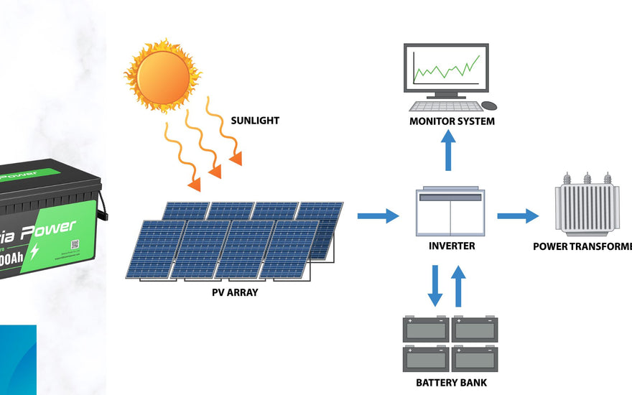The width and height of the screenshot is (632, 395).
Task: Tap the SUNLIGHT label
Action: point(255,121)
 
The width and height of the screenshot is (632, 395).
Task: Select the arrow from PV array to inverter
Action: point(377,215)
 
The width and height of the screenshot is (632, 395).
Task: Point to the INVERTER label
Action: point(451,246)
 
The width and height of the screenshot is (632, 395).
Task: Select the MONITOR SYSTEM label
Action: point(452,121)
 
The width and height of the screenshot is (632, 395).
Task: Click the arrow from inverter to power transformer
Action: point(517,215)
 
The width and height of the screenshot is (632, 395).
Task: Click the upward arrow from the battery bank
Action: point(460,285)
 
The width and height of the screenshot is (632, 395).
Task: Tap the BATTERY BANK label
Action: point(451,383)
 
